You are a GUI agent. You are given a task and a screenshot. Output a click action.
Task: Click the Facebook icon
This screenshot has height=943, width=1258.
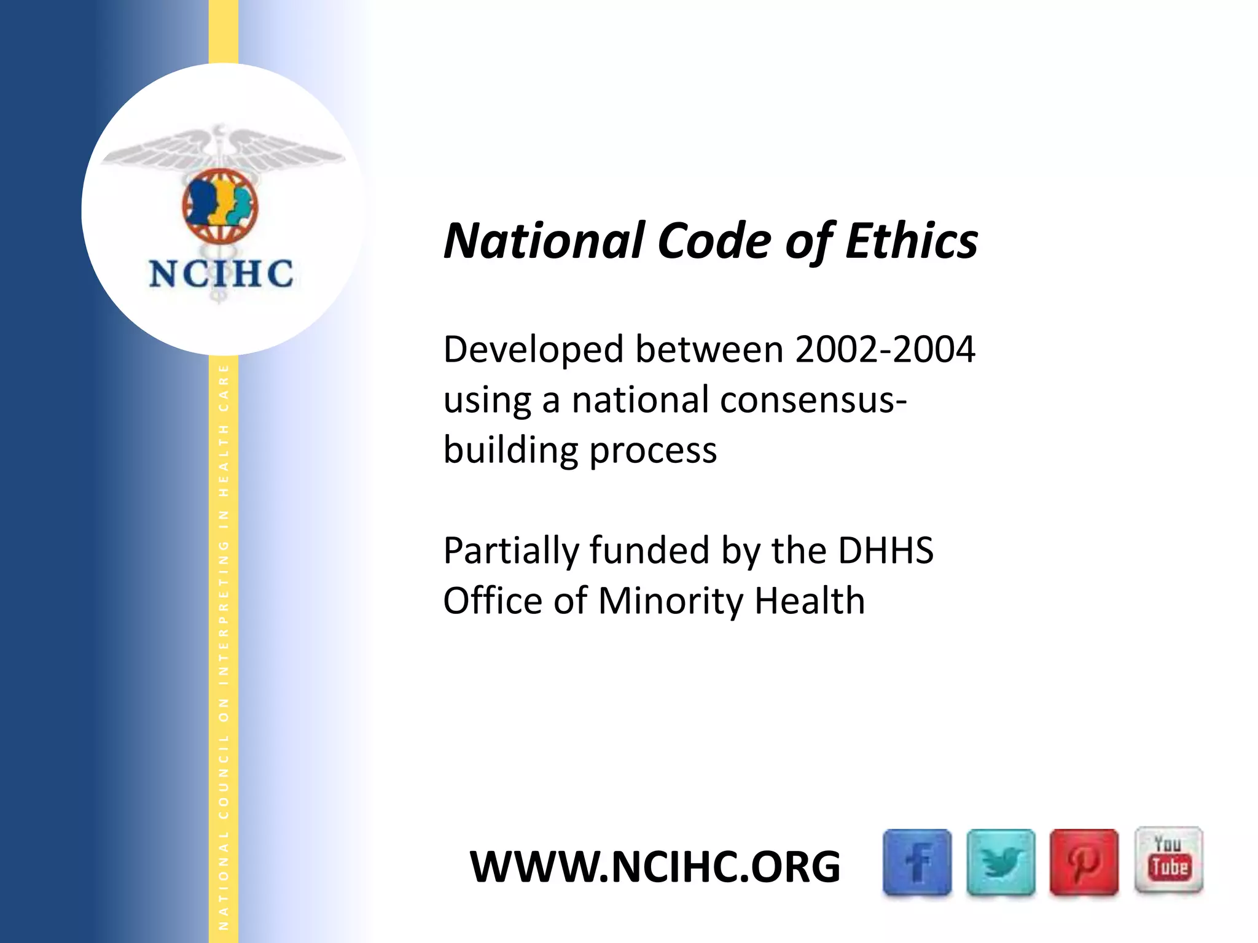pos(917,862)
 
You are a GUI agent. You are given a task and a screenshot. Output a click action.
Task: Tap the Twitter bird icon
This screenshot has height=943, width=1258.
pos(1001,862)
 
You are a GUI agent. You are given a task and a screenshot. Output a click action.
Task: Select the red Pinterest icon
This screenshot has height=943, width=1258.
pos(1084,862)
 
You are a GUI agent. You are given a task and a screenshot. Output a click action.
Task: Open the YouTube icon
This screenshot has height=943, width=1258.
pos(1168,860)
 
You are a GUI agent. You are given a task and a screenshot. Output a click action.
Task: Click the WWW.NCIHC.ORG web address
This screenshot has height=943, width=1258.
pos(655,867)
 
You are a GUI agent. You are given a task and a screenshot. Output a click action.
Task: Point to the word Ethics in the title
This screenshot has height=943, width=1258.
pos(912,241)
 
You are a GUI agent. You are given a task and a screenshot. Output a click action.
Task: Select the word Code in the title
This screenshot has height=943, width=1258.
pos(714,241)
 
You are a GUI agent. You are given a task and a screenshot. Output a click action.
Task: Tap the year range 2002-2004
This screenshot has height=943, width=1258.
pos(885,349)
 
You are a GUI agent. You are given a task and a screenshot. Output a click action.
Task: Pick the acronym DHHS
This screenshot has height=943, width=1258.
pos(885,550)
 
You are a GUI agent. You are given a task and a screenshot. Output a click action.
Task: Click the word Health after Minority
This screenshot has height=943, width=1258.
pos(810,600)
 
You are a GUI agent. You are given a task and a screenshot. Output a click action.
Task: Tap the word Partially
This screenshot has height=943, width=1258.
pos(511,551)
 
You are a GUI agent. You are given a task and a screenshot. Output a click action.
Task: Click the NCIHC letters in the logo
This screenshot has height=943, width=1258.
pos(221,274)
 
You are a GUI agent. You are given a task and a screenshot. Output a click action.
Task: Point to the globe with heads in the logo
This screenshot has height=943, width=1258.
pos(220,206)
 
